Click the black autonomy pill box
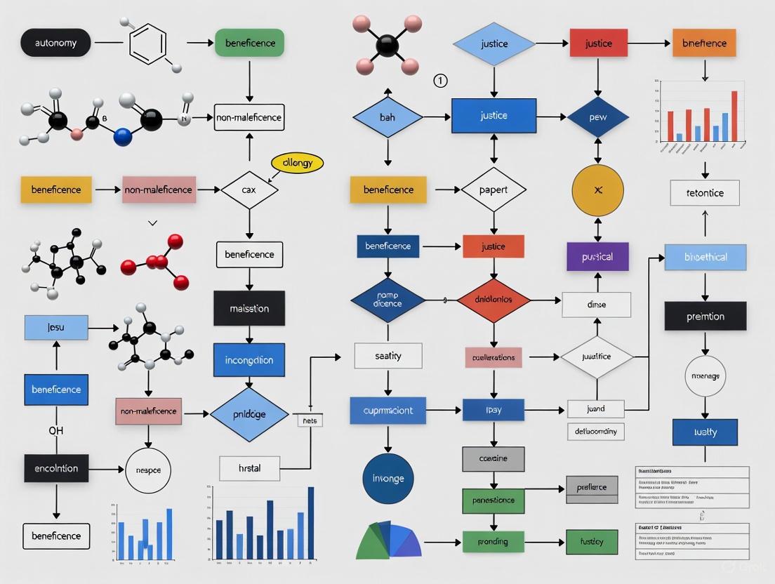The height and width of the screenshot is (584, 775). point(55,43)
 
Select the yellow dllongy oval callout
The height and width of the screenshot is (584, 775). point(297,163)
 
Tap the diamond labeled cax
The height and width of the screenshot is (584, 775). point(249,190)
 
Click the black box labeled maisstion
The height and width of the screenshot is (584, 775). point(249,308)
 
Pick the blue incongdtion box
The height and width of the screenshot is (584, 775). point(249,360)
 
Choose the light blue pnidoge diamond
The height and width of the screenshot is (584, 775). point(249,414)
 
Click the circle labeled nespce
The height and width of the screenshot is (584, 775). point(147,470)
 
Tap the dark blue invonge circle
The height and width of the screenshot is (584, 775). point(388,479)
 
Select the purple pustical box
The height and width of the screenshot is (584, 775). point(597,257)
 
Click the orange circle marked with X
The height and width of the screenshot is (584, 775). point(597,190)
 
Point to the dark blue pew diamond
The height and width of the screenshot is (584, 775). point(597,117)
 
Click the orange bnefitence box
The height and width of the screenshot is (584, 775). point(704,43)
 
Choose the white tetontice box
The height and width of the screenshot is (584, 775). point(705,193)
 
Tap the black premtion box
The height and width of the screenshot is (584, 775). point(705,316)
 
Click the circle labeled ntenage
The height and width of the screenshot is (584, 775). point(705,376)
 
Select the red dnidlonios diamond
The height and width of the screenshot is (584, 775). point(494,300)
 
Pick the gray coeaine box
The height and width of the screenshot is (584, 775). point(494,458)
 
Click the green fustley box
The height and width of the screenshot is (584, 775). point(592,542)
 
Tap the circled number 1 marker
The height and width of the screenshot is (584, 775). point(440,81)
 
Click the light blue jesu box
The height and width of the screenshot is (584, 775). point(56,328)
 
